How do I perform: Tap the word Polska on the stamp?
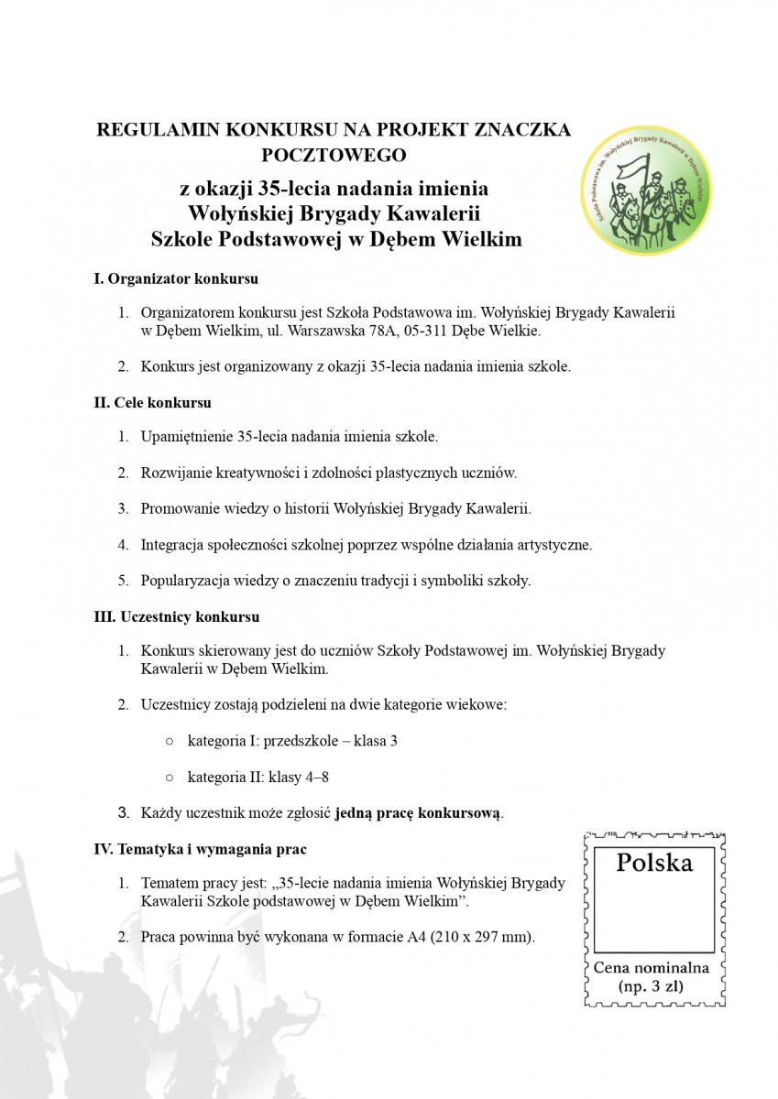[x=653, y=863]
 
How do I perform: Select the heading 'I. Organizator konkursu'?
[x=176, y=277]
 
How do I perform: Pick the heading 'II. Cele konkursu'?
[x=153, y=401]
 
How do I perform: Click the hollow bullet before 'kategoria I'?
[x=170, y=741]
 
